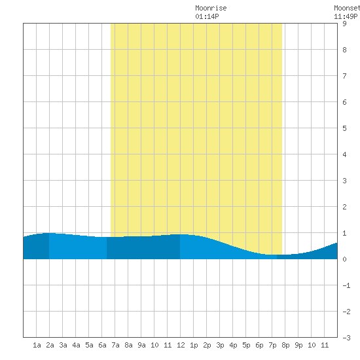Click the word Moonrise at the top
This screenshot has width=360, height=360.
coord(211,8)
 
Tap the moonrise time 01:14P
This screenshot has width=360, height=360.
coord(207,16)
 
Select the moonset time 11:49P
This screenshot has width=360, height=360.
coord(346,16)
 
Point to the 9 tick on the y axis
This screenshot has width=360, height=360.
coord(344,24)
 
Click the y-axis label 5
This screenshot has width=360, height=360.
coord(344,128)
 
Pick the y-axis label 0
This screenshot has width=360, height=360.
coord(344,259)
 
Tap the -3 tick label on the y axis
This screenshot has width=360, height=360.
coord(346,338)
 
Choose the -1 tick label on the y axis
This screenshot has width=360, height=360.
coord(346,285)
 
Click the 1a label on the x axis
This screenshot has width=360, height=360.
coord(37,345)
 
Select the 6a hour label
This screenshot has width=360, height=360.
coord(102,345)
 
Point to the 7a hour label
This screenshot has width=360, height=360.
coord(115,345)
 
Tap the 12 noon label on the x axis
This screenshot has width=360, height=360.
coord(181,345)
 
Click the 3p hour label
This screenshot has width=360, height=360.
coord(220,345)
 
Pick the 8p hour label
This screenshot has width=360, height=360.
coord(285,345)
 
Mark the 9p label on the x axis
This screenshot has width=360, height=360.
coord(298,345)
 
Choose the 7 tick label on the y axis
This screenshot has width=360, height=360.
coord(344,76)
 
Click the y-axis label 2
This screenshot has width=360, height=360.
coord(344,207)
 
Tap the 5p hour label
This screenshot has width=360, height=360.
coord(246,345)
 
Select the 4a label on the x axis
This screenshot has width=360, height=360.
coord(76,345)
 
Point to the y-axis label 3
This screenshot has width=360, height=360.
coord(344,181)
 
